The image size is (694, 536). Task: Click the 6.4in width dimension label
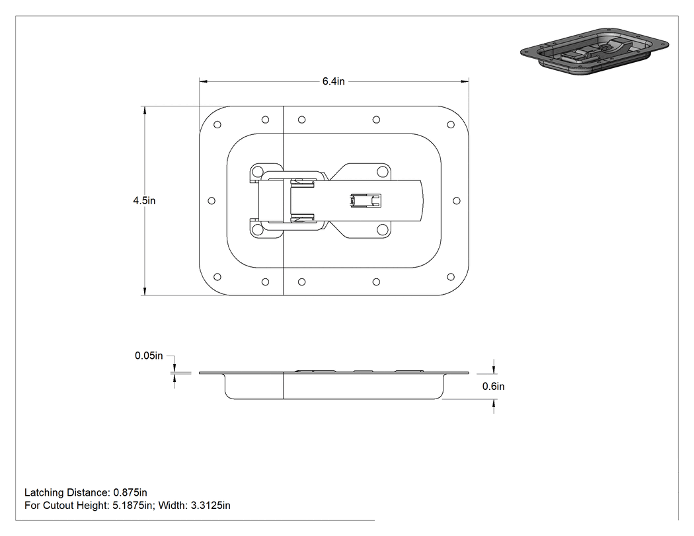click(x=333, y=81)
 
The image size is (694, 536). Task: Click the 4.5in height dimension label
click(x=144, y=200)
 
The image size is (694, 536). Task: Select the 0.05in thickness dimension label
click(x=149, y=356)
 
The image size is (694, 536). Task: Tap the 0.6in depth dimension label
click(x=494, y=387)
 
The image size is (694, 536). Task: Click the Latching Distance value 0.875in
click(x=130, y=492)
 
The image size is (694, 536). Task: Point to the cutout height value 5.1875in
click(x=132, y=506)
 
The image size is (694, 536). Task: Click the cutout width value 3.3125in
click(x=211, y=506)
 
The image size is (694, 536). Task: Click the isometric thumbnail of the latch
click(x=594, y=52)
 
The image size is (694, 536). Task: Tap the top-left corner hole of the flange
click(x=217, y=125)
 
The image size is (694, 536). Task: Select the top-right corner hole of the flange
click(x=451, y=125)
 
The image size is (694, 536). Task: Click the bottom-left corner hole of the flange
click(x=217, y=277)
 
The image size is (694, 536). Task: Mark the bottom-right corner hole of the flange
click(x=451, y=277)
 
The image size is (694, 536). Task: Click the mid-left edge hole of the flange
click(x=212, y=201)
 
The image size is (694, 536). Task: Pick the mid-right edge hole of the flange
click(x=457, y=201)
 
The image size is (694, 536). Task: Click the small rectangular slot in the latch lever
click(x=366, y=201)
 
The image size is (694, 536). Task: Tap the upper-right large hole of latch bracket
click(x=382, y=172)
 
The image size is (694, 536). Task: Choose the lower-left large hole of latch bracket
click(x=257, y=230)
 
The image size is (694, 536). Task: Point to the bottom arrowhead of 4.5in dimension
click(x=144, y=291)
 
